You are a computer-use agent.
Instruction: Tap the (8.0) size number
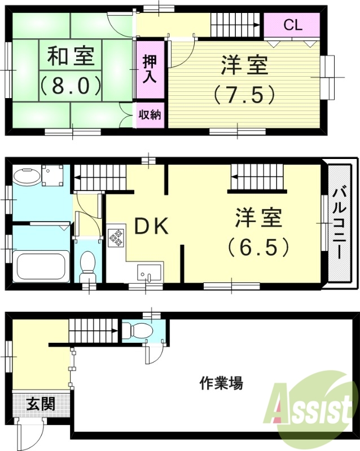click(71, 85)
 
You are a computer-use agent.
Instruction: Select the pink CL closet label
click(292, 25)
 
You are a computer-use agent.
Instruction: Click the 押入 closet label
click(149, 69)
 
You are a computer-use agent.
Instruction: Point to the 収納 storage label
click(150, 114)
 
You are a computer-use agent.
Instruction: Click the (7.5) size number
click(244, 94)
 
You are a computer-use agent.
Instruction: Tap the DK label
click(151, 226)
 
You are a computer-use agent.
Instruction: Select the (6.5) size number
click(258, 246)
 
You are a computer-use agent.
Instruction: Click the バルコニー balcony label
click(339, 224)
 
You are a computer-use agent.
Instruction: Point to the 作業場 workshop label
click(221, 384)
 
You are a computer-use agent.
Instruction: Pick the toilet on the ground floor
click(133, 330)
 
